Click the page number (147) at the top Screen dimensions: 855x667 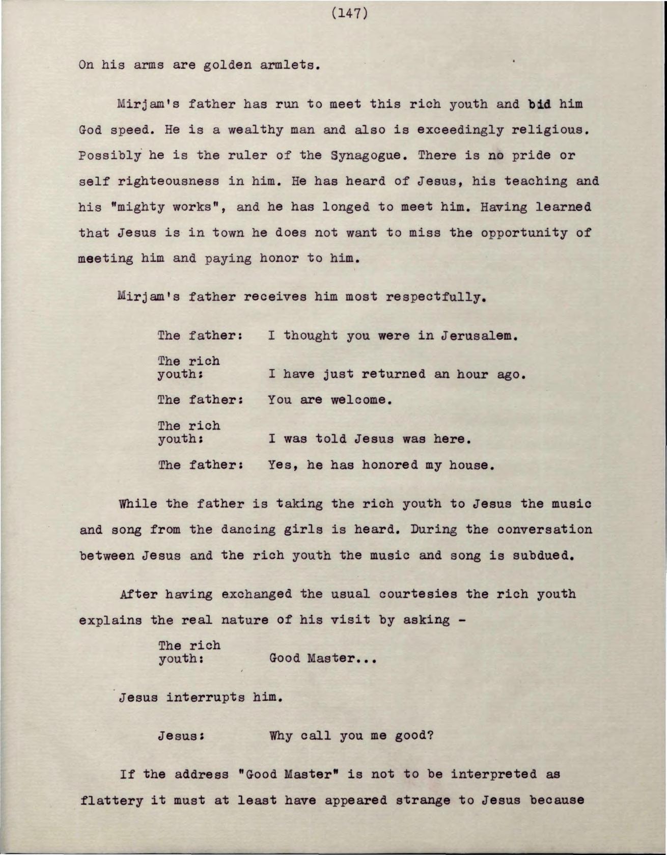click(x=349, y=13)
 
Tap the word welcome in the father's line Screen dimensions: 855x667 click(x=361, y=400)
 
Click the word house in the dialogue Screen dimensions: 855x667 click(x=471, y=465)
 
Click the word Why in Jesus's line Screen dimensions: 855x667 click(x=281, y=736)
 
